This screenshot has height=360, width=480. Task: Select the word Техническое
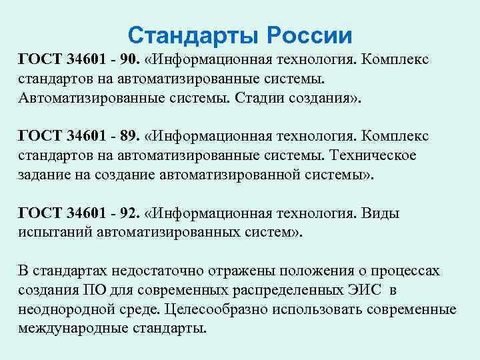(378, 156)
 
